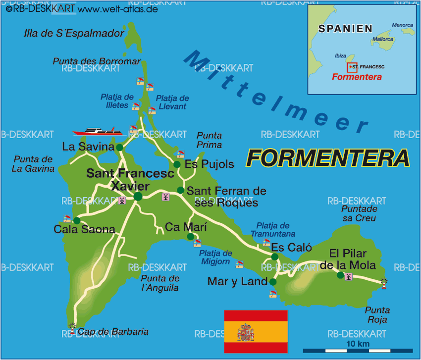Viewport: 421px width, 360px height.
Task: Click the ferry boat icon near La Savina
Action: coord(98,131)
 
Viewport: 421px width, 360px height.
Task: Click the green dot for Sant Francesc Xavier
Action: coord(138,197)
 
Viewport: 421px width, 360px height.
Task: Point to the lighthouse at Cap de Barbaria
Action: coord(73,327)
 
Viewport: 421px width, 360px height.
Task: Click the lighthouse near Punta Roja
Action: coord(383,283)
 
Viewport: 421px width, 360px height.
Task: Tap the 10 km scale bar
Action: coord(358,350)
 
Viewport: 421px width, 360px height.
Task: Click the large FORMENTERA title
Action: coord(328,158)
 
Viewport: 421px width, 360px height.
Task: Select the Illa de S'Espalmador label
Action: coord(74,34)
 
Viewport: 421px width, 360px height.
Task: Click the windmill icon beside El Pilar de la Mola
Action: coord(349,276)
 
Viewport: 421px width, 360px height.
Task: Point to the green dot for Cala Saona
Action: coord(77,221)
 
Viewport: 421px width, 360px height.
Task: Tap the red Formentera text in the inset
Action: coord(357,77)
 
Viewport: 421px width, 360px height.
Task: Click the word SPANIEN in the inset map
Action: coord(345,28)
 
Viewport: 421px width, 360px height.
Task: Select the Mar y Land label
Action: coord(237,282)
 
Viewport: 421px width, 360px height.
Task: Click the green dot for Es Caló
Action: coord(274,257)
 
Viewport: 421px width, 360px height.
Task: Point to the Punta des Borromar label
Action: coord(97,61)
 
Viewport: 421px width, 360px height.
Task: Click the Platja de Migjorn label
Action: coord(215,257)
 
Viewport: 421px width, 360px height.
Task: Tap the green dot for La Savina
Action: coord(119,147)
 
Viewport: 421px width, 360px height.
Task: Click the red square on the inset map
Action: coord(352,67)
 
